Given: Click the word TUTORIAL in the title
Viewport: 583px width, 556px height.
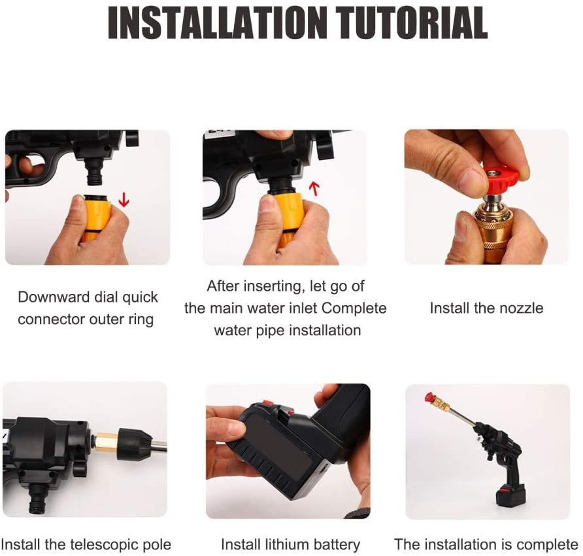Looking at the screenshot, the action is pyautogui.click(x=412, y=23).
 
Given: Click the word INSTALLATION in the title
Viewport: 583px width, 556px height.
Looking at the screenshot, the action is pyautogui.click(x=217, y=23).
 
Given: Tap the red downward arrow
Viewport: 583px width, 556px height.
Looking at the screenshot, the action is pyautogui.click(x=124, y=201).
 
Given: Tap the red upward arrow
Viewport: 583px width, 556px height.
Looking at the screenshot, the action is pyautogui.click(x=314, y=188).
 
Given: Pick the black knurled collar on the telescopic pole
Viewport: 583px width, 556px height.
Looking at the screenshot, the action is pyautogui.click(x=135, y=444).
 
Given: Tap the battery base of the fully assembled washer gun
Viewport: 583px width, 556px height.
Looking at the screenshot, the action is pyautogui.click(x=510, y=495).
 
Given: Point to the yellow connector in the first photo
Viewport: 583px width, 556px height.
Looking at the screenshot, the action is pyautogui.click(x=97, y=218).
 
